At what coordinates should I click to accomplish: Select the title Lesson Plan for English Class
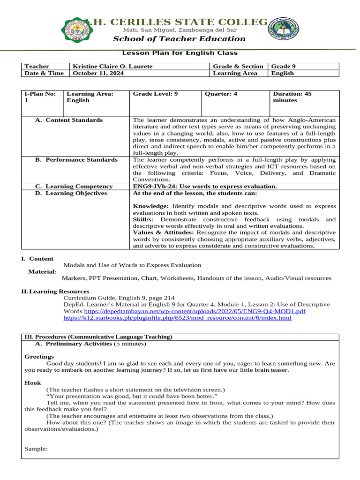point(180,53)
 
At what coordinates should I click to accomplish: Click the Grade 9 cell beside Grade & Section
point(283,67)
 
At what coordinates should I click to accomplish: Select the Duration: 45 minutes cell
point(292,97)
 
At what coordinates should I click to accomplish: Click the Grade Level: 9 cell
point(156,94)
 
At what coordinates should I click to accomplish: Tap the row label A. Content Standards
point(69,120)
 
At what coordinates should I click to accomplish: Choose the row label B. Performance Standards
point(76,160)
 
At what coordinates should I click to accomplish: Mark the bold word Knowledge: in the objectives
point(151,206)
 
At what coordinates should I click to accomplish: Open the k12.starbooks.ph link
point(177,318)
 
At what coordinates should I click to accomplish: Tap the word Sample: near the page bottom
point(36,449)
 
